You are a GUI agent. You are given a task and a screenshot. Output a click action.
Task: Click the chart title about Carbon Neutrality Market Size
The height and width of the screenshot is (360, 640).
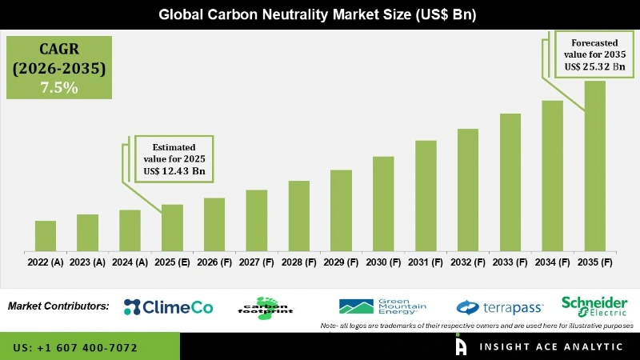320,14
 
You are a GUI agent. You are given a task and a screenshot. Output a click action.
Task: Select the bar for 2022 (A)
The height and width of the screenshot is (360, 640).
46,235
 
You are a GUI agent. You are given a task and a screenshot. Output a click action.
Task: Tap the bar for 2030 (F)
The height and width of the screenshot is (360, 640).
383,203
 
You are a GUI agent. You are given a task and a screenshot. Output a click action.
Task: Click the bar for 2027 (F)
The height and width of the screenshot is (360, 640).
256,220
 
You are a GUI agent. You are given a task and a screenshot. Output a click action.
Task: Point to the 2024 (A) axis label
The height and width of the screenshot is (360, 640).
130,262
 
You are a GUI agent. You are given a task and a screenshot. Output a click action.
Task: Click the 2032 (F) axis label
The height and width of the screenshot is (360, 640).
468,262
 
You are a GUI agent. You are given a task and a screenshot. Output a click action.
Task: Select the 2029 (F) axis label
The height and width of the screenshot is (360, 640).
341,262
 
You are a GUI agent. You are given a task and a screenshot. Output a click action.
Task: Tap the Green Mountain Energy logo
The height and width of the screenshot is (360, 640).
382,306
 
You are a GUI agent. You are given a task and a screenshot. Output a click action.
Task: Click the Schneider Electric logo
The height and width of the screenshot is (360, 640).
594,306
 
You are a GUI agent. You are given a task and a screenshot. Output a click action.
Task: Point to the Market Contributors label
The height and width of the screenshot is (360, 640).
58,306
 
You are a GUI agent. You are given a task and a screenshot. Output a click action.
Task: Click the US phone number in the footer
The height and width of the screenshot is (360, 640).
75,348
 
